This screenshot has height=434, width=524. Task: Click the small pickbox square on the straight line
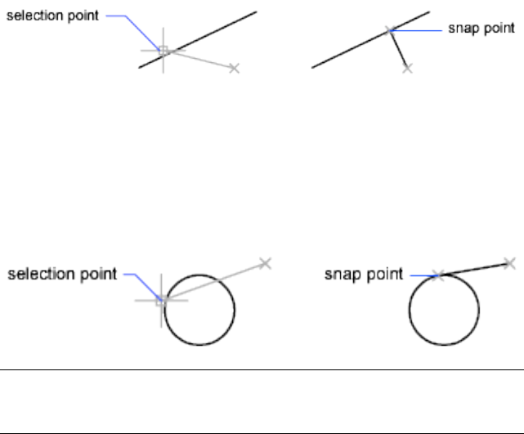163,51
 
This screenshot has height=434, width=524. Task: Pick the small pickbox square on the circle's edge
161,301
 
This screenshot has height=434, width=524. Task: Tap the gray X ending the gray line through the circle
265,262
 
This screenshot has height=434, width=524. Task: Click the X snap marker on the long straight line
390,31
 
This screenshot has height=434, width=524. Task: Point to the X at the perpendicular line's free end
408,69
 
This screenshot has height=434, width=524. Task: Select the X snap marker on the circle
438,275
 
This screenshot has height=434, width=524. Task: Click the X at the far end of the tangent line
509,262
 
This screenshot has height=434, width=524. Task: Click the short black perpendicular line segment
399,50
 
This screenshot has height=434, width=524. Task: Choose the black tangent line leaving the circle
474,269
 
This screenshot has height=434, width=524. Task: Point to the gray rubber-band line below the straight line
200,60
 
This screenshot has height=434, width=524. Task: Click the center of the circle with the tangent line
444,311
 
